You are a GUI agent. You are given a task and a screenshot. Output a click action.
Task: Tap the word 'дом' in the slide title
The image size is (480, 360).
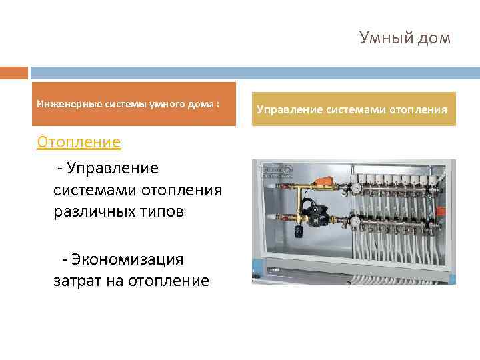click(435, 38)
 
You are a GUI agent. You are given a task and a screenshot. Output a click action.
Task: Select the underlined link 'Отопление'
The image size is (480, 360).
click(79, 142)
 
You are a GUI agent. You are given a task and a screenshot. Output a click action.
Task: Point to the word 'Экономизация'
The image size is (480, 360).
click(127, 259)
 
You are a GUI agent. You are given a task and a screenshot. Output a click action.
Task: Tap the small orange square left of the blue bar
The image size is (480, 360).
click(14, 72)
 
